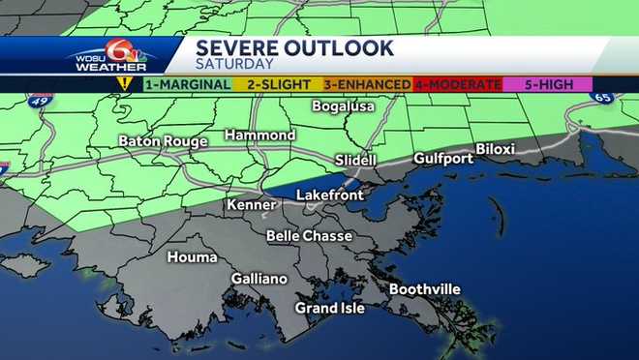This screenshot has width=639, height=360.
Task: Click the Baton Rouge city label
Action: (163, 141)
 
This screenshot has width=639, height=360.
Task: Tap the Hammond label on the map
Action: (259, 135)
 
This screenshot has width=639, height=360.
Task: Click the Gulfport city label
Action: (441, 158)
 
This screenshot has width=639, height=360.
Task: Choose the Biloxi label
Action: (495, 149)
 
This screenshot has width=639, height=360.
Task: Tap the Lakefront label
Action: (329, 195)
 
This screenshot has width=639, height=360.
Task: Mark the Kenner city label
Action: (251, 205)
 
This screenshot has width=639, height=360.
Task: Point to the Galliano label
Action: (259, 279)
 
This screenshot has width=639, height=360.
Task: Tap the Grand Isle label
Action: (330, 308)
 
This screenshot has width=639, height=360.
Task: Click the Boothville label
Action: (424, 289)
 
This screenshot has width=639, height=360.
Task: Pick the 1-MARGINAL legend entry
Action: (187, 84)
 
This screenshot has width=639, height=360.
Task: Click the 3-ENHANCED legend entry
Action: (367, 84)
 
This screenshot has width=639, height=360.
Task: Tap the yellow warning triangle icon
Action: (124, 83)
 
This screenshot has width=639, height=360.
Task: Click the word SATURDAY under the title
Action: (232, 65)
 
